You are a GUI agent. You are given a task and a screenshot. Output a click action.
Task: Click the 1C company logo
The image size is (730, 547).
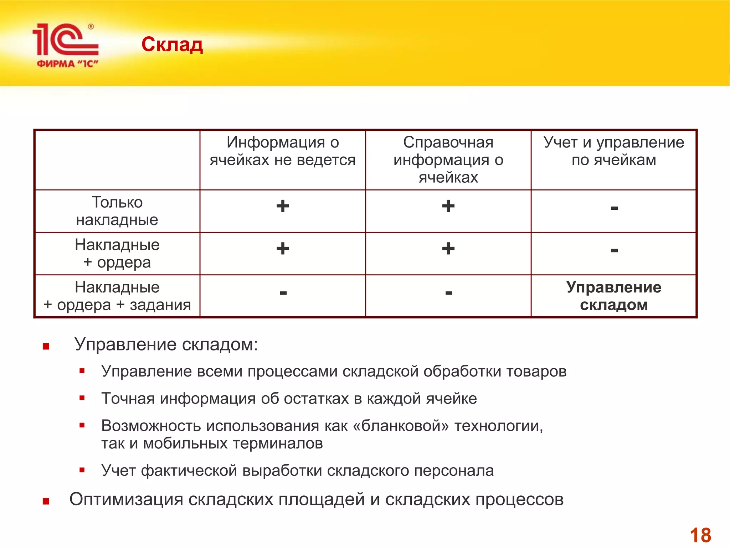point(65,45)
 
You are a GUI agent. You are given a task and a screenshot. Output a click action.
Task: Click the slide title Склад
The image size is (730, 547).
point(172,45)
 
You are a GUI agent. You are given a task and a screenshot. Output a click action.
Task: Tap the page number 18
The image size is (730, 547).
point(700,535)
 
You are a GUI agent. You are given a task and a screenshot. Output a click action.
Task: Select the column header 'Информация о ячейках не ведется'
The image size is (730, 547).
point(282,151)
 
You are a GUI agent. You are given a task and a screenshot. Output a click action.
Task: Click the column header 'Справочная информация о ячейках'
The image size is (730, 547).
point(448,160)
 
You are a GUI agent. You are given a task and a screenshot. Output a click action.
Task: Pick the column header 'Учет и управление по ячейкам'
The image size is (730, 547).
point(613,151)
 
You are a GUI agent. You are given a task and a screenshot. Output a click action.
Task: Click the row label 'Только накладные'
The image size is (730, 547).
point(117,211)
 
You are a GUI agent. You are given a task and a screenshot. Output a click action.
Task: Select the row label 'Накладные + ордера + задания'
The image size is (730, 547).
point(117,296)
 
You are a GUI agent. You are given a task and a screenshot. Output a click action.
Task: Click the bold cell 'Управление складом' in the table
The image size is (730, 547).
point(613,296)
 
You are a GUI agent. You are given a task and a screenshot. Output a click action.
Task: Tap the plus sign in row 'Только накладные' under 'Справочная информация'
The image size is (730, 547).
point(448,206)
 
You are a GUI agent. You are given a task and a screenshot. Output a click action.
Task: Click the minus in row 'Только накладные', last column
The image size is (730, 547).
point(614,208)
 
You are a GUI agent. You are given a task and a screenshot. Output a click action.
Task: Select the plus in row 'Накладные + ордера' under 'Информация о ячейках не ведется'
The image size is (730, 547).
point(283,249)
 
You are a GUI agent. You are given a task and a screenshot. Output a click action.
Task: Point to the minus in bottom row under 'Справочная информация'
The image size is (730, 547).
point(449,293)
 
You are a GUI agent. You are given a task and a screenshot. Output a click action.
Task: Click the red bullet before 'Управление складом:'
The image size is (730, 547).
point(46,346)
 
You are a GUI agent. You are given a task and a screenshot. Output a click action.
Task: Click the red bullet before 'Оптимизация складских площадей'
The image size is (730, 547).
point(46,501)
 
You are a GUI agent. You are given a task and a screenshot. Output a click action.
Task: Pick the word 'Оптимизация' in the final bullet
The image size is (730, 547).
point(126,499)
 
